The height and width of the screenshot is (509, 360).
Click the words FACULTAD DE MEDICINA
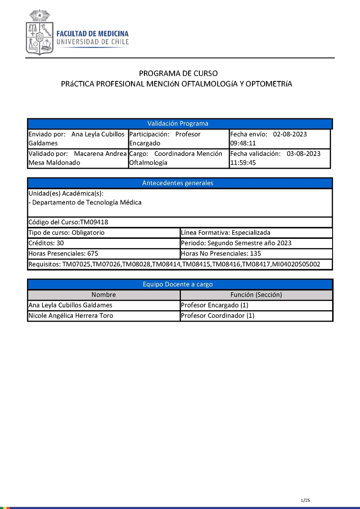92,34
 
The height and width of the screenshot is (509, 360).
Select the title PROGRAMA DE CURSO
178,73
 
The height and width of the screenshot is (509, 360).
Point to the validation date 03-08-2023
303,153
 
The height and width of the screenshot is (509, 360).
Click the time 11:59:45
243,163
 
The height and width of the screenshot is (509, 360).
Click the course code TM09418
94,222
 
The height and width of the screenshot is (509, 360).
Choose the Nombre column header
103,295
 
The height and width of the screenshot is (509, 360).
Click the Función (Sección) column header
256,295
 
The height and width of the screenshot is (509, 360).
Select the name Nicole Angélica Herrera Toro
71,316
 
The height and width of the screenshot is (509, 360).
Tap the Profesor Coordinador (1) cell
217,316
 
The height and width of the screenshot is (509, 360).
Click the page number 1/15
306,500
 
